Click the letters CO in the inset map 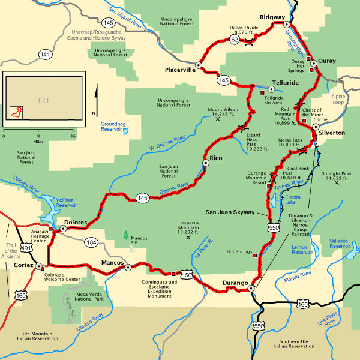[x=43, y=101]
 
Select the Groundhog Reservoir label [x=115, y=125]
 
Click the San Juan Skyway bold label [x=232, y=212]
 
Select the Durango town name [x=235, y=283]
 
